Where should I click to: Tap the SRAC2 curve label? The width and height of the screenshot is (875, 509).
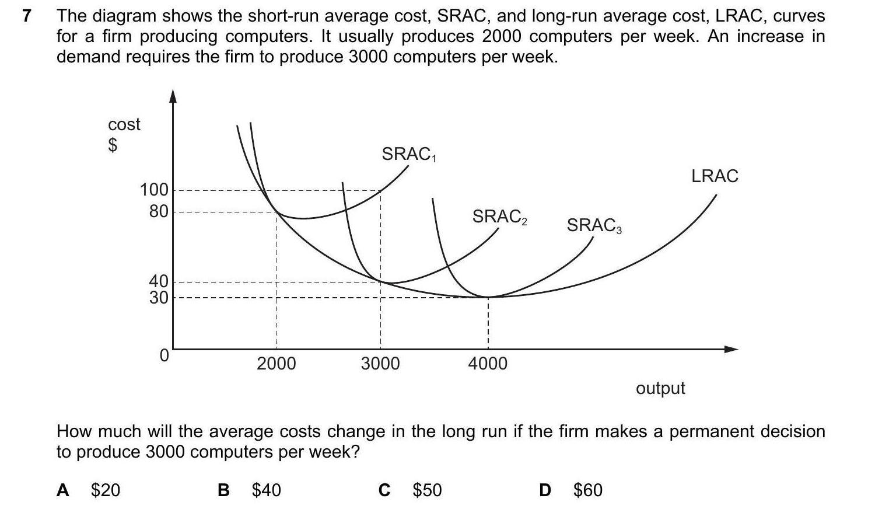pyautogui.click(x=499, y=217)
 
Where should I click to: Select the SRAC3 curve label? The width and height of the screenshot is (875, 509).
pyautogui.click(x=594, y=225)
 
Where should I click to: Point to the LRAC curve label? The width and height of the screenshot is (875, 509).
pyautogui.click(x=715, y=176)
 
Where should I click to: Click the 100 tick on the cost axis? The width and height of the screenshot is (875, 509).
pyautogui.click(x=154, y=190)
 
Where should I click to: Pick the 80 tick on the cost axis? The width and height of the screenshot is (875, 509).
pyautogui.click(x=158, y=211)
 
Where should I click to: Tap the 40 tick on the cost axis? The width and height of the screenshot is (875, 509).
pyautogui.click(x=158, y=281)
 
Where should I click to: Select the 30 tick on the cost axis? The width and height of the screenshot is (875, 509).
pyautogui.click(x=158, y=298)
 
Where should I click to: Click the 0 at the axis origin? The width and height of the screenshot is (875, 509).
pyautogui.click(x=164, y=355)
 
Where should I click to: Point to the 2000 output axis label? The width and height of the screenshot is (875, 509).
pyautogui.click(x=276, y=364)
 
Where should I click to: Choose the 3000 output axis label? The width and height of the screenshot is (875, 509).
pyautogui.click(x=380, y=364)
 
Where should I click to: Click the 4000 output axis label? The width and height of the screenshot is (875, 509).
pyautogui.click(x=488, y=364)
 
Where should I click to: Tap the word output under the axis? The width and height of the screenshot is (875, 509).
pyautogui.click(x=660, y=388)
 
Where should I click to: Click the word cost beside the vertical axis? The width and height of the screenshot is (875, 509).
pyautogui.click(x=124, y=124)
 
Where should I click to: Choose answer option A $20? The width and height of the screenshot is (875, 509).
pyautogui.click(x=89, y=490)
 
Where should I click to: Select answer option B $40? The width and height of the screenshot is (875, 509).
pyautogui.click(x=249, y=490)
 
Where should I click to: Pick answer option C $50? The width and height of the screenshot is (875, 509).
pyautogui.click(x=410, y=490)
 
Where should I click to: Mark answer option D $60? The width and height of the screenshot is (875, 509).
pyautogui.click(x=570, y=490)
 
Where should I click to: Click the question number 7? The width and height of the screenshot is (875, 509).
pyautogui.click(x=26, y=16)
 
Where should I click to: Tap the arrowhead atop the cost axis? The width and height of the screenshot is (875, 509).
pyautogui.click(x=173, y=96)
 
